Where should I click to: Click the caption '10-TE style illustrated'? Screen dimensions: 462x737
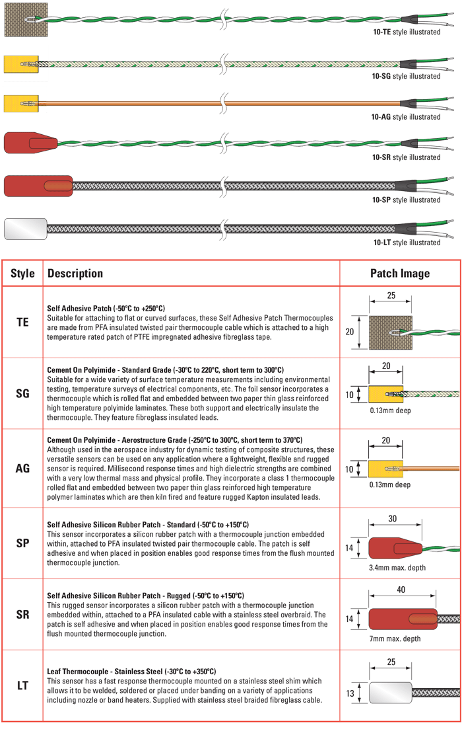[407, 32]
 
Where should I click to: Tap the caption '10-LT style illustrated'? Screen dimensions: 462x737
[407, 243]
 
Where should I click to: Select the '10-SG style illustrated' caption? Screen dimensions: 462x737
[406, 76]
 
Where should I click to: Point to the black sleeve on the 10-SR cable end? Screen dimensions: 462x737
[408, 143]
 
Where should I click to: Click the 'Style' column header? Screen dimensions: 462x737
[22, 273]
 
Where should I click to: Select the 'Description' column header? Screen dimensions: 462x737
[75, 273]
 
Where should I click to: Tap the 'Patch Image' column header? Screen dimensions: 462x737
[400, 273]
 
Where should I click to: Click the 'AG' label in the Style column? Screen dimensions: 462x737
[22, 468]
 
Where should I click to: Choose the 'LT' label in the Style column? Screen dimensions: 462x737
[22, 685]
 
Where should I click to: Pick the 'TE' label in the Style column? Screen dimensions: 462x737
[22, 322]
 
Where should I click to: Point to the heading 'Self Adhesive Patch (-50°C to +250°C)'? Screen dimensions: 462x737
[106, 308]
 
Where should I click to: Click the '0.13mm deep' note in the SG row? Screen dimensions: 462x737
[390, 410]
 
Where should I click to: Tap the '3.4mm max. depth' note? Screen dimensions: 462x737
[397, 567]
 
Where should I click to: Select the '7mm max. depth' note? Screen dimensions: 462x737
[395, 639]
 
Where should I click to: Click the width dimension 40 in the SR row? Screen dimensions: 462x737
[401, 590]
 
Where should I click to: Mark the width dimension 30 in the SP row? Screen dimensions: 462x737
[393, 518]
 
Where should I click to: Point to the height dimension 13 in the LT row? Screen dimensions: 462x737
[350, 693]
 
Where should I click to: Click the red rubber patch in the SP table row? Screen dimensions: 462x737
[395, 548]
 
